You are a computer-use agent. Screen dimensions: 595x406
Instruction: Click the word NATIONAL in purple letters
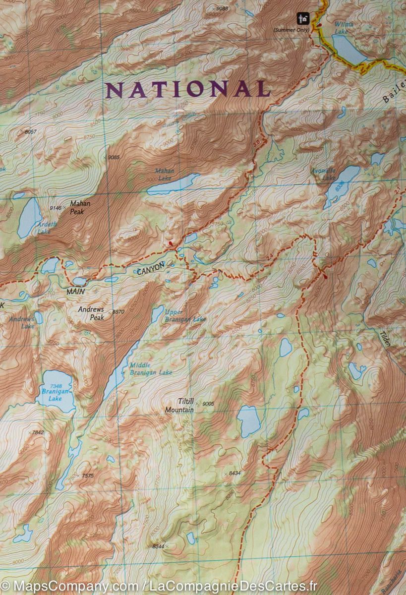click(188, 89)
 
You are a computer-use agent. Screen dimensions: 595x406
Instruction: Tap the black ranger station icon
click(302, 19)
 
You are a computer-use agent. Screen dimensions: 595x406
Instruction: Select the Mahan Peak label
click(79, 207)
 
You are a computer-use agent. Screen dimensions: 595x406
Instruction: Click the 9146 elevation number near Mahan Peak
click(56, 208)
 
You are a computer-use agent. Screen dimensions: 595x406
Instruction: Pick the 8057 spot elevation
click(30, 131)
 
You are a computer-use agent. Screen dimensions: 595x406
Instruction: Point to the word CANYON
click(150, 268)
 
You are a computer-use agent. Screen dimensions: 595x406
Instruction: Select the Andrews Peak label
click(91, 313)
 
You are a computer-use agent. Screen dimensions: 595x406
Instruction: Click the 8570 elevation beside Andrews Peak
click(118, 312)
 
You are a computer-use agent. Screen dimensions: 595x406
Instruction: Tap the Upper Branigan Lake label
click(185, 315)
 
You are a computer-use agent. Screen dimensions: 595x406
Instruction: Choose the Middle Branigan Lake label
click(150, 369)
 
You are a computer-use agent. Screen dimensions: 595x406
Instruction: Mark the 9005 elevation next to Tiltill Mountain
click(208, 404)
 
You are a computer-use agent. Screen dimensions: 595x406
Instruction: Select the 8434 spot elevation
click(234, 473)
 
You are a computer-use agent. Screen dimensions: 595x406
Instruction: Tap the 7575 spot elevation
click(87, 476)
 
